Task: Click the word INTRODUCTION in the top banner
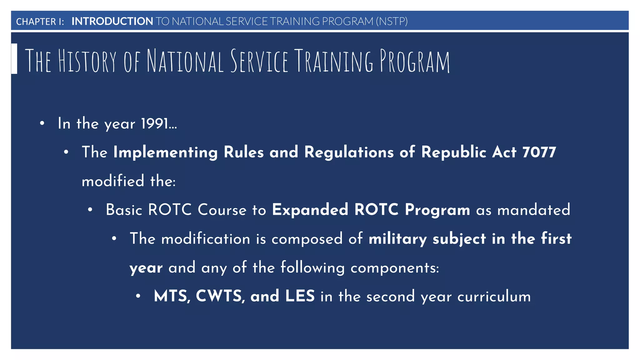click(112, 21)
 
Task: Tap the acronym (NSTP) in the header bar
click(392, 21)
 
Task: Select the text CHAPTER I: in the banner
click(40, 22)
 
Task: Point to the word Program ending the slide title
click(415, 61)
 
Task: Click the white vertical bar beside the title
click(14, 59)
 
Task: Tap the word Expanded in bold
click(310, 210)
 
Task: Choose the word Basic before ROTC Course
click(124, 210)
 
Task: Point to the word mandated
click(533, 210)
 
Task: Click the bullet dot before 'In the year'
click(42, 123)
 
